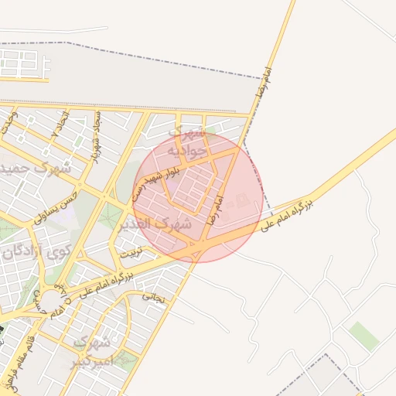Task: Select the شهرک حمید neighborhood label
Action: click(x=34, y=167)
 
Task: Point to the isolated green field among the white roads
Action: click(x=364, y=336)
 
